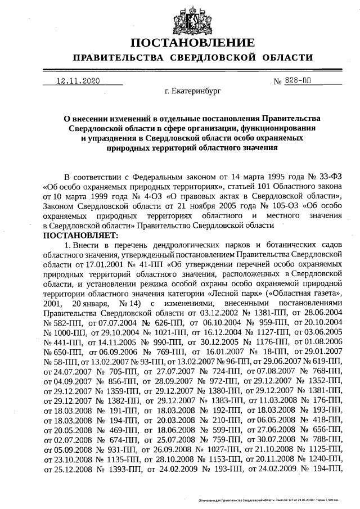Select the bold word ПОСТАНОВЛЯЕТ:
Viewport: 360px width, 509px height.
tap(80, 235)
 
